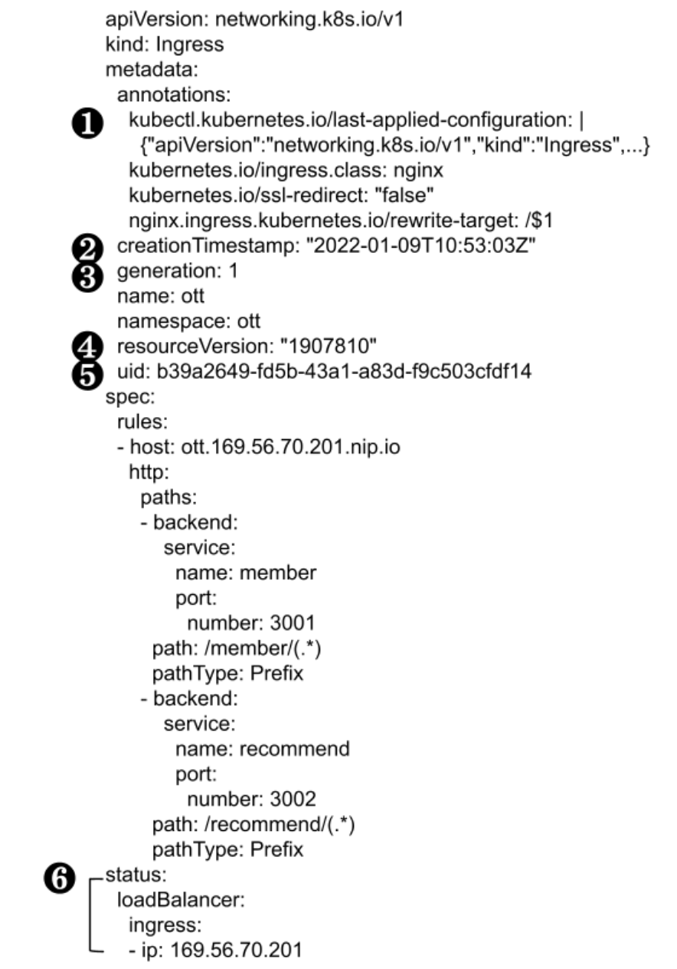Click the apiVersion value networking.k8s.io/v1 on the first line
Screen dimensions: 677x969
click(297, 19)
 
